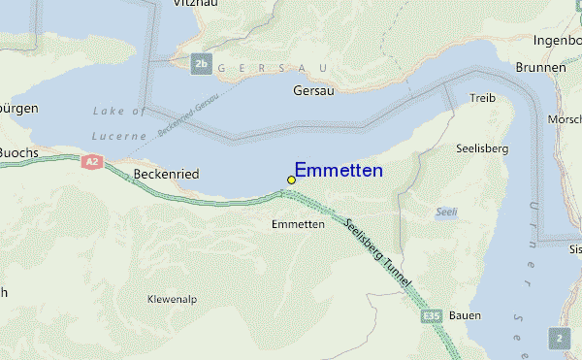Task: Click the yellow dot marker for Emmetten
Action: [291, 180]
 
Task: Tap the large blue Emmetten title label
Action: [339, 171]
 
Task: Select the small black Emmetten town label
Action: [298, 224]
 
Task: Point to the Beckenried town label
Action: [167, 175]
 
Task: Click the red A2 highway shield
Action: [92, 162]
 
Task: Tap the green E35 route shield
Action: [433, 316]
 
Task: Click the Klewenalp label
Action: [173, 299]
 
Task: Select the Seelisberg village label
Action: [481, 148]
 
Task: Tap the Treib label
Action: [482, 99]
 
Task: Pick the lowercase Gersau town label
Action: [312, 90]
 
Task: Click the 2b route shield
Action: [201, 64]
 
